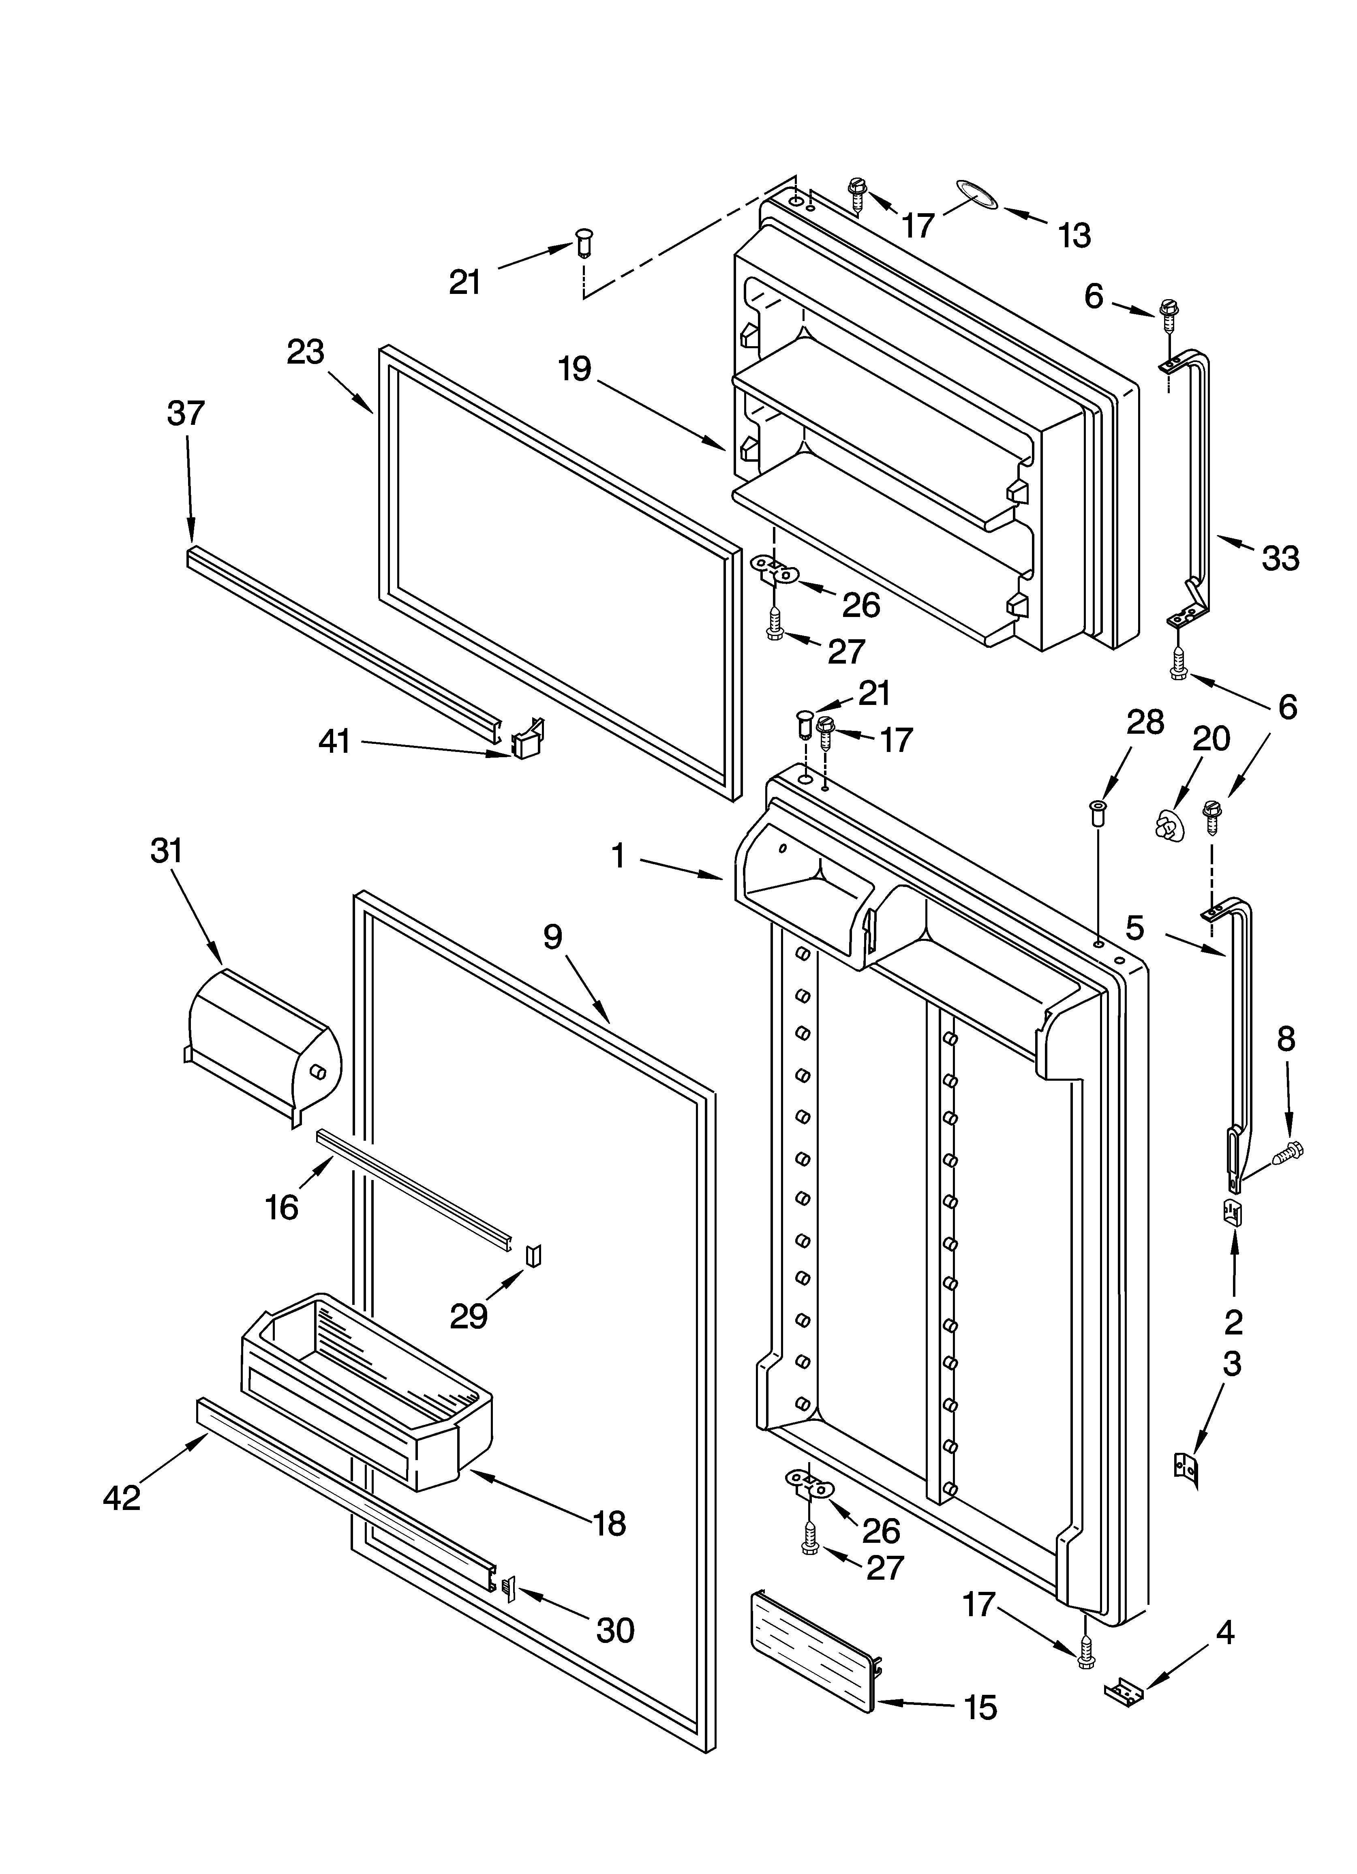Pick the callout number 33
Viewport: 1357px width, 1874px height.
(x=1280, y=559)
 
